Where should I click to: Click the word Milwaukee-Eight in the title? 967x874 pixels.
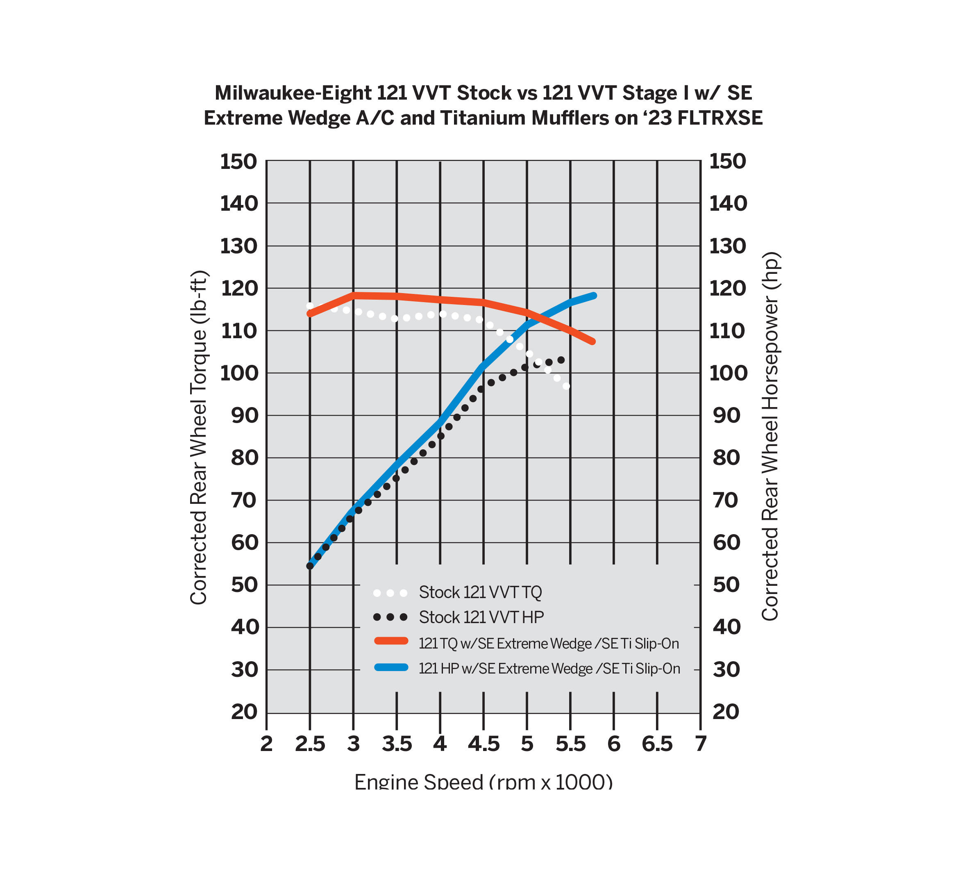(293, 93)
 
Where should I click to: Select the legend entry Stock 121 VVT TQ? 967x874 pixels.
(480, 592)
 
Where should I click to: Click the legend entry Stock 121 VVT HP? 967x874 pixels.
(481, 617)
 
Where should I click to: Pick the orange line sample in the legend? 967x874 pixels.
(391, 641)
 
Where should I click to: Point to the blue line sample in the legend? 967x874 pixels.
(391, 667)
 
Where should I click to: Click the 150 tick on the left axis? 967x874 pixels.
(238, 162)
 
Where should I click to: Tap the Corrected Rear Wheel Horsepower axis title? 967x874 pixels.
(770, 436)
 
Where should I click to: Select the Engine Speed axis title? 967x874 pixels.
(483, 782)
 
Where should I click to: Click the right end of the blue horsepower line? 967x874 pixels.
(594, 296)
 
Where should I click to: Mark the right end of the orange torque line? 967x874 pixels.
(592, 341)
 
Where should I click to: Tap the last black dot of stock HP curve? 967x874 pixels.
(561, 360)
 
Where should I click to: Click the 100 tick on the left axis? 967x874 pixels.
(238, 373)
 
